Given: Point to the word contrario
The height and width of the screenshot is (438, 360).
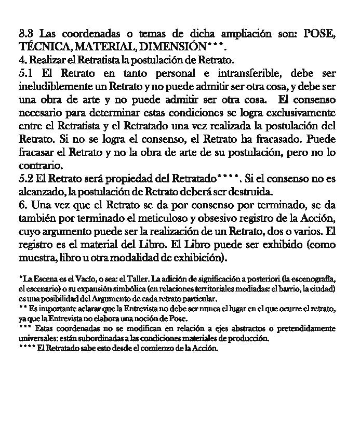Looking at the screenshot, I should tap(41, 166).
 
